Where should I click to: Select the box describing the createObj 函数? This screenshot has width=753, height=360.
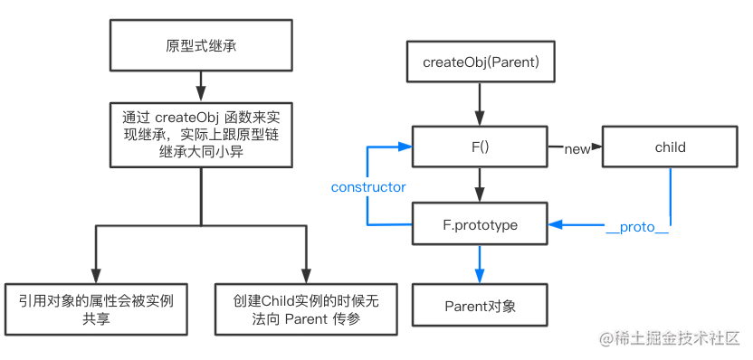[x=200, y=135]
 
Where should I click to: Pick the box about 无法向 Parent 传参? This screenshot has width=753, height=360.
[x=307, y=309]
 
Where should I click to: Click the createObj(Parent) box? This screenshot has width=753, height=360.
[x=479, y=64]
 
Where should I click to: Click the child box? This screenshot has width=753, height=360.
[x=670, y=147]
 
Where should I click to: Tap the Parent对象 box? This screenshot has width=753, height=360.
[x=479, y=305]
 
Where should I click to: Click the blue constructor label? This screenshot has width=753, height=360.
[x=368, y=187]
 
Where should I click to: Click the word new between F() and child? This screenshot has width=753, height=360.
[x=577, y=147]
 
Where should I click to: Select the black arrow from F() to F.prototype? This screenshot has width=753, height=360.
[x=479, y=185]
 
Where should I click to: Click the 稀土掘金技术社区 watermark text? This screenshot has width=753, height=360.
[x=678, y=338]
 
